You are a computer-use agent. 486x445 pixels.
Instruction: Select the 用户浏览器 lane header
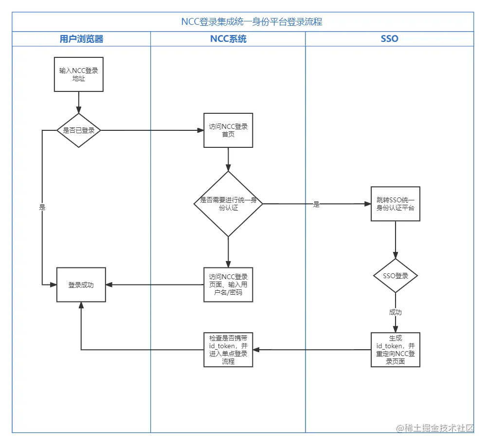(81, 39)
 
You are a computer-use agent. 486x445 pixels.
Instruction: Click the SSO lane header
(389, 39)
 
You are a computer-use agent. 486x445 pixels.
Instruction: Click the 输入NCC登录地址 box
(79, 74)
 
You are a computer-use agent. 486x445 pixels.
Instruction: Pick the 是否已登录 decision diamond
(79, 130)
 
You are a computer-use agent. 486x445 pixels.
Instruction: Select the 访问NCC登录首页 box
(228, 130)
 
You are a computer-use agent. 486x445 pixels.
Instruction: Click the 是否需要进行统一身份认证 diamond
(228, 204)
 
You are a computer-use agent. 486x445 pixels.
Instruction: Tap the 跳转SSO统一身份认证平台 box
(395, 204)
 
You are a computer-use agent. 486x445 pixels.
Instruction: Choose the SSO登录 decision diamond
(395, 276)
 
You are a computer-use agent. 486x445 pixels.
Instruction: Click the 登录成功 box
(81, 285)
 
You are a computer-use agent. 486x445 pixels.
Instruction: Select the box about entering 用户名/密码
(228, 285)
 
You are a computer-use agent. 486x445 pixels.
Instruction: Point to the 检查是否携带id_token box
(228, 350)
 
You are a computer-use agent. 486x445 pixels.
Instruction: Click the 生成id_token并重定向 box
(395, 350)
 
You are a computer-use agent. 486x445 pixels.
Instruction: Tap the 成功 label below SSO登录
(395, 312)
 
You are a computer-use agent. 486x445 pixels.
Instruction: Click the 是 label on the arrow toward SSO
(316, 205)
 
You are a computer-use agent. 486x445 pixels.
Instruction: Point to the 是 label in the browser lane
(42, 207)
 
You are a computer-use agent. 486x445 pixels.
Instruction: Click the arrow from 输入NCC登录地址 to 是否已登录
(79, 102)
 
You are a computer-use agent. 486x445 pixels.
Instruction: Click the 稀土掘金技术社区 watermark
(434, 428)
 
